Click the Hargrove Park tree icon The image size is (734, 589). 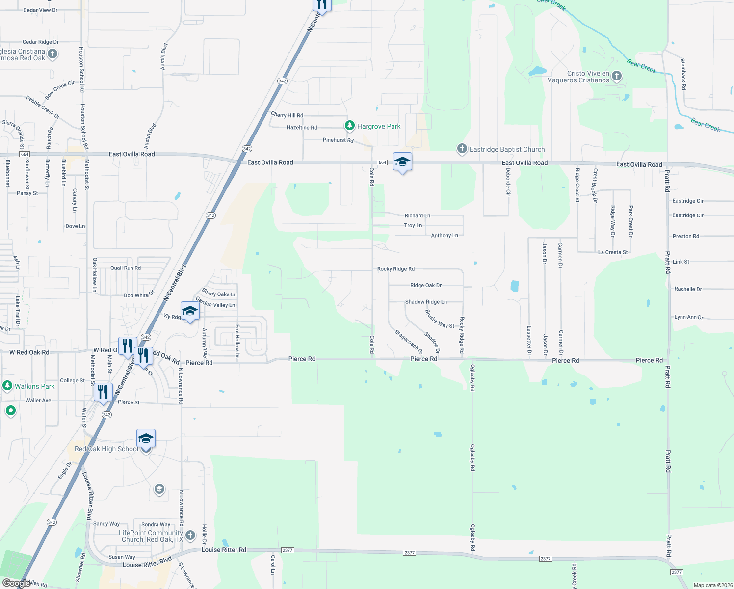(350, 126)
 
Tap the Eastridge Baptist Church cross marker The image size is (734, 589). (462, 149)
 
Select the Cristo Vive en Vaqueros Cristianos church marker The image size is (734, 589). (617, 76)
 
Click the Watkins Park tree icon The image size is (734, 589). (7, 386)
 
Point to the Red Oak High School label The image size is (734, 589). (106, 449)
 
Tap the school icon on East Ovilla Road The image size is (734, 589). (402, 162)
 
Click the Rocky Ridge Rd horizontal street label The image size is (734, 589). (395, 269)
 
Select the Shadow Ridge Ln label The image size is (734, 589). (426, 302)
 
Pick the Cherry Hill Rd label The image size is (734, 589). (287, 115)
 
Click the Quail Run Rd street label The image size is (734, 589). (125, 268)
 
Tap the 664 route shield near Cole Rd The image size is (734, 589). (382, 162)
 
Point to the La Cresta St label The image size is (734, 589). (613, 252)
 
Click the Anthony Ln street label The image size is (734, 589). (445, 236)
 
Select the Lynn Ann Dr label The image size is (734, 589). (689, 317)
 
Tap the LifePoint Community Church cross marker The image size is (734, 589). (190, 535)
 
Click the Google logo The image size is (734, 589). (16, 583)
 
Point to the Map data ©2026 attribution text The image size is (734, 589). (713, 585)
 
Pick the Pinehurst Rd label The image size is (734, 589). (338, 140)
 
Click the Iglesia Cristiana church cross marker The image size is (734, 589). (52, 54)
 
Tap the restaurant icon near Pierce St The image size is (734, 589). (103, 392)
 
